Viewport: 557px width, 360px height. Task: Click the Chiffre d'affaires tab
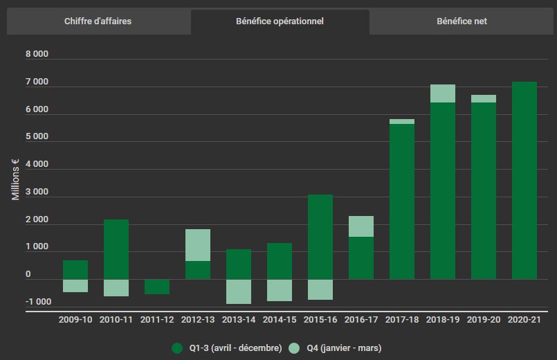pyautogui.click(x=98, y=21)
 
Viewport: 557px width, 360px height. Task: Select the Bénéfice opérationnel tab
pyautogui.click(x=280, y=21)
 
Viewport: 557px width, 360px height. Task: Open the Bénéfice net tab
pyautogui.click(x=462, y=21)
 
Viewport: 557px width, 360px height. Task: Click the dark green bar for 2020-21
pyautogui.click(x=524, y=181)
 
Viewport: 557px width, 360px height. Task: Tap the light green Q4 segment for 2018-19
pyautogui.click(x=443, y=93)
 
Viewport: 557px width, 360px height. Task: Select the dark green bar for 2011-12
pyautogui.click(x=157, y=287)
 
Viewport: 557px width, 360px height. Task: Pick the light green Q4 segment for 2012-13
pyautogui.click(x=198, y=245)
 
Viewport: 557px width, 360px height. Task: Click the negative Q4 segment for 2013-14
pyautogui.click(x=239, y=291)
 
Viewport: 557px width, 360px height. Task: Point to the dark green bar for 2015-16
pyautogui.click(x=320, y=237)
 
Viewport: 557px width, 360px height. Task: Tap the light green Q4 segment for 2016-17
pyautogui.click(x=361, y=226)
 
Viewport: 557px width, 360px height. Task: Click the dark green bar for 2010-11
pyautogui.click(x=116, y=249)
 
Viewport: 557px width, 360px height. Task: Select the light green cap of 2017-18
pyautogui.click(x=402, y=121)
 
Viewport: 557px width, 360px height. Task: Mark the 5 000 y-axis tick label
pyautogui.click(x=37, y=137)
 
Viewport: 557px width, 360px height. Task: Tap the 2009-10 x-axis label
pyautogui.click(x=76, y=321)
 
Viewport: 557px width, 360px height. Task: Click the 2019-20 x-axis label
pyautogui.click(x=484, y=321)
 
